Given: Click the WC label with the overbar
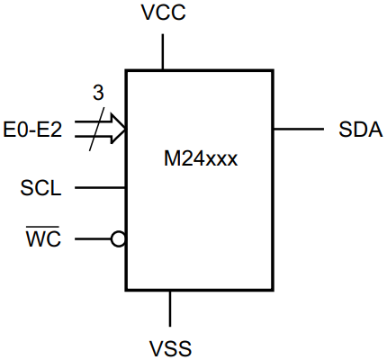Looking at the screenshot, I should tap(42, 240).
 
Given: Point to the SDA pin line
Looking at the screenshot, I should tap(299, 130).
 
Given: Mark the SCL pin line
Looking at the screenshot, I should tap(100, 188).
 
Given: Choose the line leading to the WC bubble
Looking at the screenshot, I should tap(93, 239).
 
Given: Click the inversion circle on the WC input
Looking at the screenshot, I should tap(118, 239).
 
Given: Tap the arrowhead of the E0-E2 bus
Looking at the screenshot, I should tap(117, 130).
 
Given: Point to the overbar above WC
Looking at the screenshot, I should tap(42, 229).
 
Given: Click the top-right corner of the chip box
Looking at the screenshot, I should tap(273, 70).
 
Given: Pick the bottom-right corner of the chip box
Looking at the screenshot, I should tap(273, 291).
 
